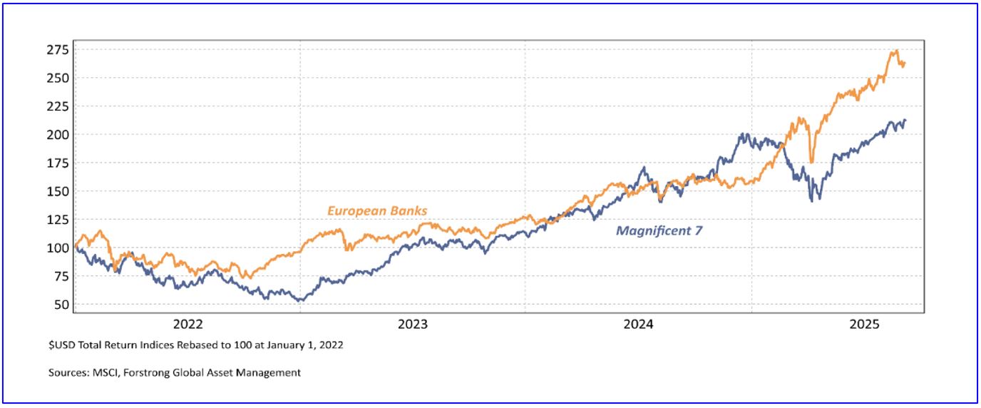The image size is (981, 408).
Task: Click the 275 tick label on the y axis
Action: pos(58,50)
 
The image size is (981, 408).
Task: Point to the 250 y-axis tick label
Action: pos(58,78)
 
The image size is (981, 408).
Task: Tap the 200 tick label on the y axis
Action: pos(58,135)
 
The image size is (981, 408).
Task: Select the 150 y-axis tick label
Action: pos(58,191)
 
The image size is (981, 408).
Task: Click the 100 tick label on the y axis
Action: pos(58,248)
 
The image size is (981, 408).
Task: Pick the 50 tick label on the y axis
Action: pos(61,305)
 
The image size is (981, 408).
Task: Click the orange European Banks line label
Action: pos(377,210)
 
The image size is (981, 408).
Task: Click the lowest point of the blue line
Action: pos(300,300)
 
